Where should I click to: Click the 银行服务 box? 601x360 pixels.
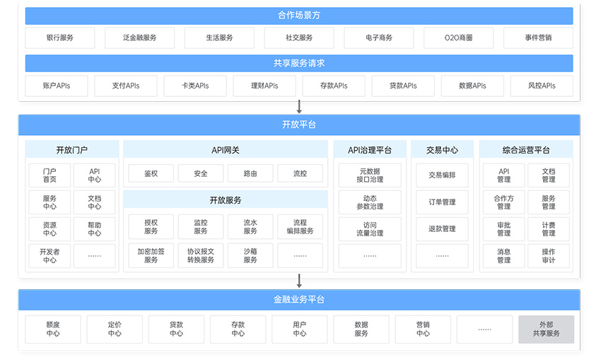point(60,37)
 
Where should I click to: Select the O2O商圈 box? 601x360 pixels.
point(458,37)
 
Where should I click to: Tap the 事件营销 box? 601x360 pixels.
point(538,37)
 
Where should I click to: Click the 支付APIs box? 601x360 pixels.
point(126,86)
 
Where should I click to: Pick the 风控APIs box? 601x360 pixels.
point(542,86)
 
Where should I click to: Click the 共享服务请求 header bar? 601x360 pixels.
point(299,63)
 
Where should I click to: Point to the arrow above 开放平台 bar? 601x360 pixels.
point(299,107)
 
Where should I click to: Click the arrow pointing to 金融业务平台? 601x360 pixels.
point(299,281)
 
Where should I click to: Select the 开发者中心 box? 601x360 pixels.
point(49,256)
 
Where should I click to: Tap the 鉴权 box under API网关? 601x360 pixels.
point(151,173)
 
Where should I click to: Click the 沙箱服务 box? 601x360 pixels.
point(250,255)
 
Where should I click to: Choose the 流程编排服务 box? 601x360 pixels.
point(300,226)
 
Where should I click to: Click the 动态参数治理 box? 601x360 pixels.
point(370,202)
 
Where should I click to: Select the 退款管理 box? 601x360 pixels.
point(443,229)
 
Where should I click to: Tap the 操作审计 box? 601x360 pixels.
point(549,256)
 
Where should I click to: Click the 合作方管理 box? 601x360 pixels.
point(503,202)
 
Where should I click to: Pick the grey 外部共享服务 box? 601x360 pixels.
point(546,330)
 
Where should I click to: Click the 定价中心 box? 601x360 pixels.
point(115,330)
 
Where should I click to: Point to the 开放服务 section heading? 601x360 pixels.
point(226,199)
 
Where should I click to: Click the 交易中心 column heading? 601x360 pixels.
point(443,150)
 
